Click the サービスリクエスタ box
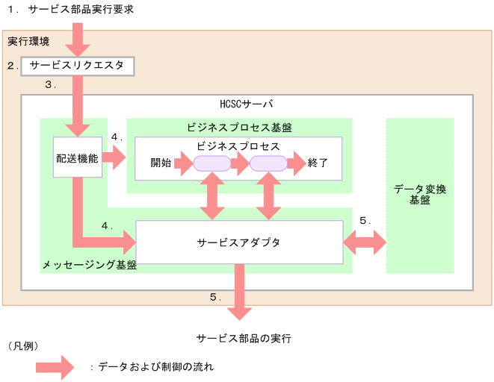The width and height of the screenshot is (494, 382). click(78, 66)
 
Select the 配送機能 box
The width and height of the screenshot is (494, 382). click(77, 158)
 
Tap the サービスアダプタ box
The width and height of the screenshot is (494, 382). click(238, 242)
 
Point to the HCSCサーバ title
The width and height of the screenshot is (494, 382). click(247, 104)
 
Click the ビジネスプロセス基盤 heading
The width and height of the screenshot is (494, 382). click(239, 127)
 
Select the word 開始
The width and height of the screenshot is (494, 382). click(161, 163)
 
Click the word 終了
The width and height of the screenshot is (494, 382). click(318, 163)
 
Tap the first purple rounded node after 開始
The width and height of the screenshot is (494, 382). click(212, 163)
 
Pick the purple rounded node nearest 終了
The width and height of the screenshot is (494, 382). click(268, 163)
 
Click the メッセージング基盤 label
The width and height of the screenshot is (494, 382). click(89, 265)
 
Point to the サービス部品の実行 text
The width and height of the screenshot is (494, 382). click(244, 338)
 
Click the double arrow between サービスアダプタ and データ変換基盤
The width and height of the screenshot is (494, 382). click(365, 242)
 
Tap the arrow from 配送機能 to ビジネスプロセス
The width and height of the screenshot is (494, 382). click(114, 157)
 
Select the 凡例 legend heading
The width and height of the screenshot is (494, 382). click(22, 346)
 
